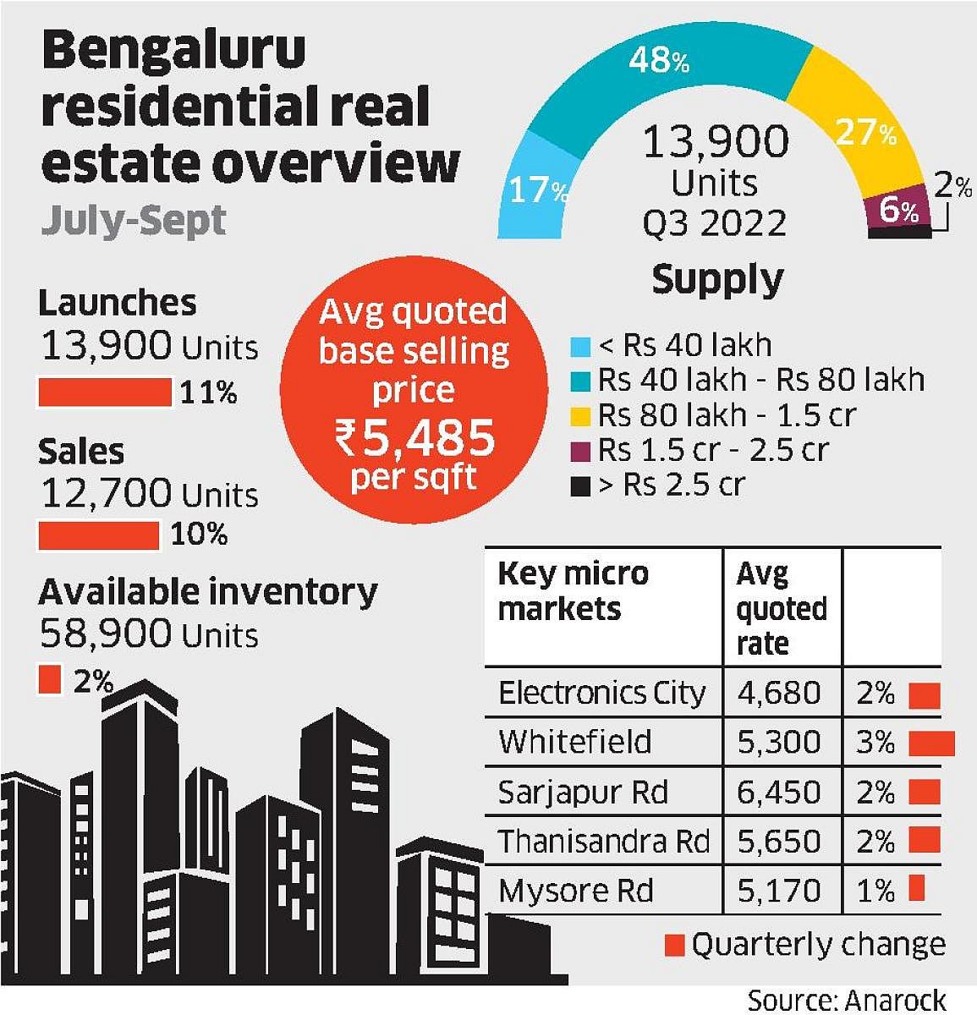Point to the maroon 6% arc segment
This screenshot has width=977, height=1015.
tap(897, 207)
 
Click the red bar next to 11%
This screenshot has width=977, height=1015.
tap(105, 392)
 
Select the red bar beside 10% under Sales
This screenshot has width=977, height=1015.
tap(99, 535)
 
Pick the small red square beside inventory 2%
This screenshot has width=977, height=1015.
tap(50, 679)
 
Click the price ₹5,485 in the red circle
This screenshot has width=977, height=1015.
tap(414, 438)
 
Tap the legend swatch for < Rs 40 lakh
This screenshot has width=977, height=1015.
tap(580, 347)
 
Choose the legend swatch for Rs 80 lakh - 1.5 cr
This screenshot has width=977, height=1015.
tap(580, 416)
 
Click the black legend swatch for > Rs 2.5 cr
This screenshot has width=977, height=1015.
tap(580, 486)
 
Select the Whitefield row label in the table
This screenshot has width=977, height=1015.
tap(575, 743)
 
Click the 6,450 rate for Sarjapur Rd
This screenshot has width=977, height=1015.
tap(779, 793)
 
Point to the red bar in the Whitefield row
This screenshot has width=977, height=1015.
tap(931, 743)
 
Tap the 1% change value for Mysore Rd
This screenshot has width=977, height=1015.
tap(875, 891)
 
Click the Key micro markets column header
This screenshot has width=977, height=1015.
tap(573, 590)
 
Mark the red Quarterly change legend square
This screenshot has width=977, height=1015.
tap(674, 945)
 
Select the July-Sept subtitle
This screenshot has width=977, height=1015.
tap(134, 220)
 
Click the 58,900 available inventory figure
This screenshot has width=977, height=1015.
tap(107, 634)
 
